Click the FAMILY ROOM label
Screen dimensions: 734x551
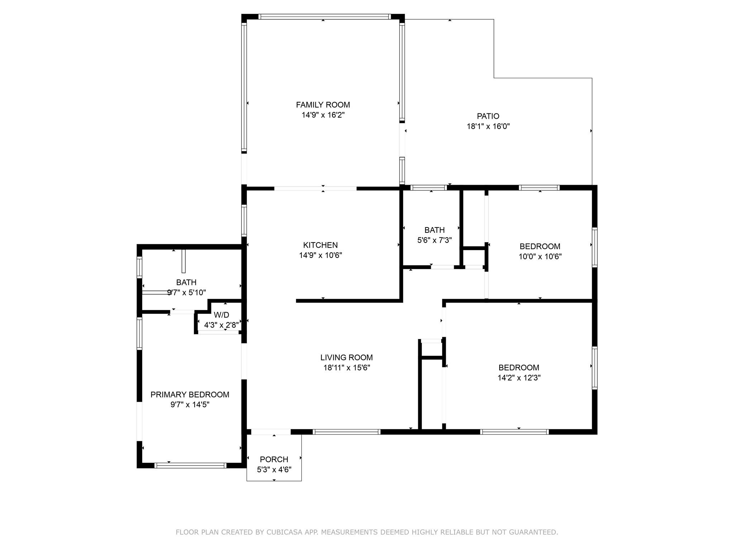[x=323, y=105]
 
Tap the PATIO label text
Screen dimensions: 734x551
[x=488, y=116]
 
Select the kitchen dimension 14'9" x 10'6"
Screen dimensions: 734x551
[x=320, y=255]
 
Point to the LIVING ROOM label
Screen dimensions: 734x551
[x=347, y=358]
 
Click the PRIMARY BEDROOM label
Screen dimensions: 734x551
[x=190, y=395]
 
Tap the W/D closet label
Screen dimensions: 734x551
[x=221, y=315]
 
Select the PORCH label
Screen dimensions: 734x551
[x=274, y=460]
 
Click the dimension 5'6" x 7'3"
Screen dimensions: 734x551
[x=434, y=240]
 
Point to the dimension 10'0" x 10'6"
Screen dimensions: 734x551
[x=540, y=257]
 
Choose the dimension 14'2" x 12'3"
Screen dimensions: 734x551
[x=519, y=378]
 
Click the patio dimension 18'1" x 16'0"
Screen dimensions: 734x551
[x=488, y=127]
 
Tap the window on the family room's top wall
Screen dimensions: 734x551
[x=324, y=17]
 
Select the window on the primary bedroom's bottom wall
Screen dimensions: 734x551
[x=190, y=466]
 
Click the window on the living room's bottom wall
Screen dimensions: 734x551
[x=347, y=432]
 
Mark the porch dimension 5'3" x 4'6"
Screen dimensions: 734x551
[x=274, y=470]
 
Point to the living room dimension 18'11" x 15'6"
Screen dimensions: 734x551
[x=347, y=368]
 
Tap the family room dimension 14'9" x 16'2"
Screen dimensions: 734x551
[x=323, y=115]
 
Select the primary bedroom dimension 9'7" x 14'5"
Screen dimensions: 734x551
[x=190, y=405]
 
